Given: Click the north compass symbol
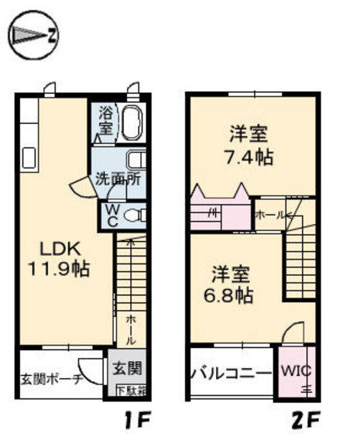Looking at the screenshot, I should [x=33, y=35].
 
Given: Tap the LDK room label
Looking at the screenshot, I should [x=57, y=251].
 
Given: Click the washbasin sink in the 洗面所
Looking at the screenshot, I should [x=135, y=161].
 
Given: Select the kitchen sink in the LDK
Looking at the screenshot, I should [x=29, y=158].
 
